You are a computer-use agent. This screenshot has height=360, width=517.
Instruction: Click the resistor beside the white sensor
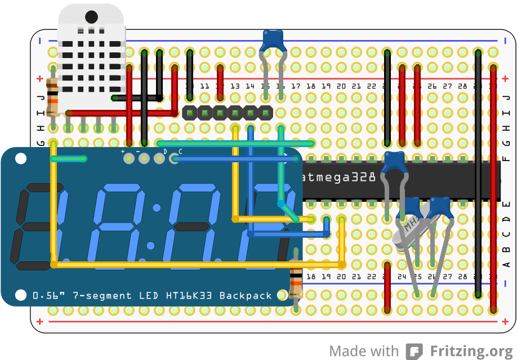point(52,97)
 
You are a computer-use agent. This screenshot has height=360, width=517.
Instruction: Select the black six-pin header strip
point(228,113)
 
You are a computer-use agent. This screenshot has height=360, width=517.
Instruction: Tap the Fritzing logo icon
point(415,351)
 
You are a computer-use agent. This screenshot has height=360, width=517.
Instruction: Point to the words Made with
point(363,351)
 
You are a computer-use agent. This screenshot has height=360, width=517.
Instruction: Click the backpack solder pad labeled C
point(175,159)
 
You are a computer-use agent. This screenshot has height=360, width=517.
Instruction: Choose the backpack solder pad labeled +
point(129,159)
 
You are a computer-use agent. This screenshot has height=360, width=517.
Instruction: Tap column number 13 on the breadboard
point(235,86)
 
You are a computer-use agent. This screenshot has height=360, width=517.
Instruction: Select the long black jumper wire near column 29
point(478,175)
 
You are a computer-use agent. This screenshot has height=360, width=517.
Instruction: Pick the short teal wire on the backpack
point(69,159)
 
